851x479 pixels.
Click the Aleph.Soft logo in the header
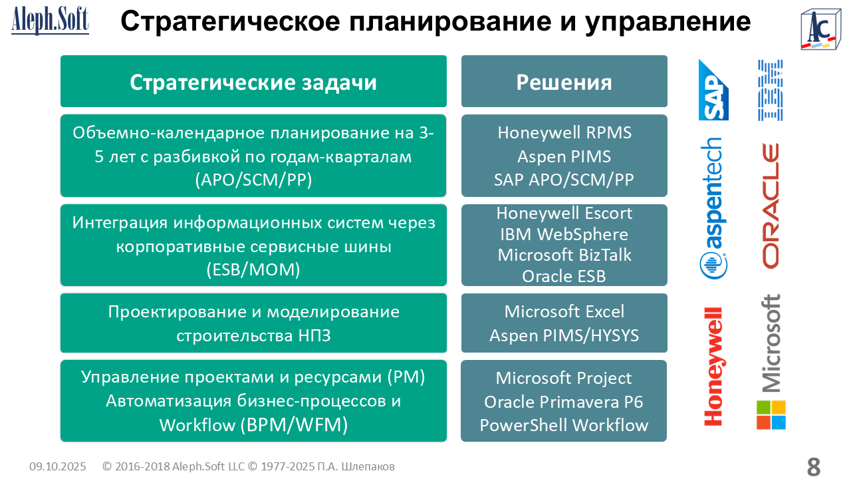(50, 21)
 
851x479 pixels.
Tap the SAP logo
(713, 90)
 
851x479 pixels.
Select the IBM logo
(770, 90)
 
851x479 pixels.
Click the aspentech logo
(713, 208)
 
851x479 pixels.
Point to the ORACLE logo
(771, 206)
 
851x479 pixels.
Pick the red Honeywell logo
(713, 367)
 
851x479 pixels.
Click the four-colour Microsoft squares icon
(771, 414)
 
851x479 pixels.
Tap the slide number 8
(813, 466)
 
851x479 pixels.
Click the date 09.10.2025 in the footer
(58, 466)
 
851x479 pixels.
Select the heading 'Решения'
(564, 82)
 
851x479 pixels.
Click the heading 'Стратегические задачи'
(253, 82)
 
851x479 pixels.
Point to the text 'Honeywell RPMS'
(564, 132)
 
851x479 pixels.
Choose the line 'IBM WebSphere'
(564, 234)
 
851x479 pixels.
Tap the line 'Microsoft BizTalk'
(564, 255)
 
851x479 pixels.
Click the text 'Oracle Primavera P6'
(564, 402)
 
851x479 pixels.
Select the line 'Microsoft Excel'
(564, 312)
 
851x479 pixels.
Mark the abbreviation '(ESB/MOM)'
(253, 269)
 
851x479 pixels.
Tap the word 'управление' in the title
(668, 22)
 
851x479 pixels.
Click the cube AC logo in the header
(820, 29)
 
